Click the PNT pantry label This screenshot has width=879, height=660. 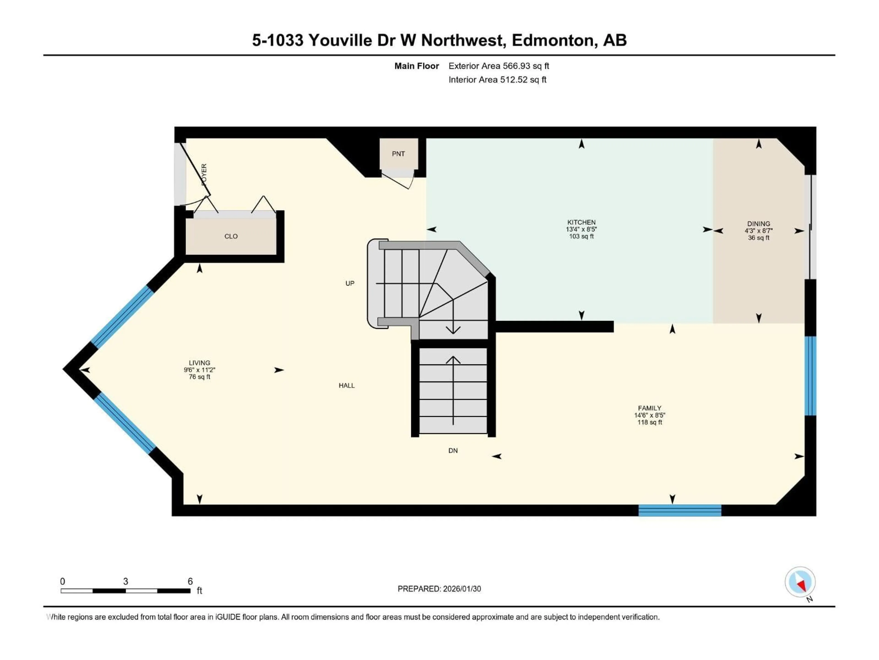tap(398, 154)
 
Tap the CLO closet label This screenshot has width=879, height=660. tap(231, 236)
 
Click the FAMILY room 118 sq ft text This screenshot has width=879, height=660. tap(650, 422)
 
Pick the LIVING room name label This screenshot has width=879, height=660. tap(199, 363)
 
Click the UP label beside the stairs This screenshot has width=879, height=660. tap(350, 283)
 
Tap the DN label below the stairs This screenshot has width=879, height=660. tap(453, 451)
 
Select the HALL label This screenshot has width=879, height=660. tap(347, 385)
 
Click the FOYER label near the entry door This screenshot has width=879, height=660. tap(204, 174)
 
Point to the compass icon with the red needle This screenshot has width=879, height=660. tap(800, 582)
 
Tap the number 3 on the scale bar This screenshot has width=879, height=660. tap(126, 581)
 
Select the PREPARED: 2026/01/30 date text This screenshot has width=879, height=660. tap(439, 589)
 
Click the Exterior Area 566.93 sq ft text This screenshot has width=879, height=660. tap(499, 66)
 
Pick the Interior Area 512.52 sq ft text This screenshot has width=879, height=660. tap(497, 80)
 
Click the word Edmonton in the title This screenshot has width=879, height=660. tap(554, 40)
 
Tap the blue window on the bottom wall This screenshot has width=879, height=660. tap(680, 510)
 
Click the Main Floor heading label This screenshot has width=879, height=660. tap(416, 66)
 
